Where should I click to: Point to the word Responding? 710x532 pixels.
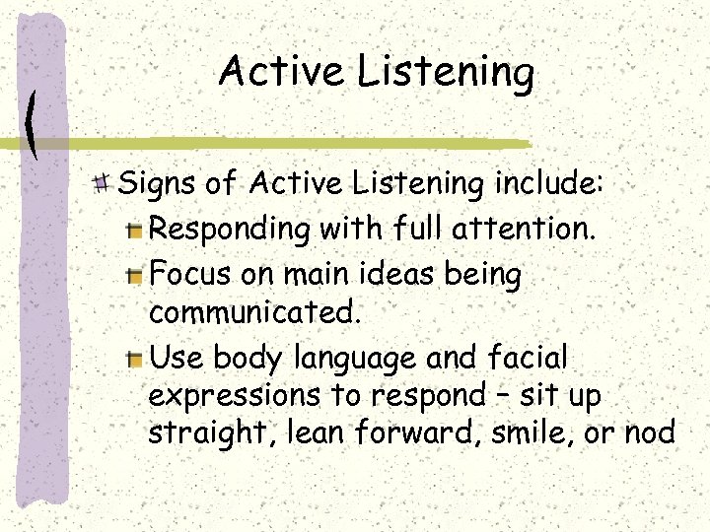tap(230, 231)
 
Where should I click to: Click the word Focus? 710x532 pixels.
tap(189, 274)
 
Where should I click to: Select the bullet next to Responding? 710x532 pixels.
tap(136, 231)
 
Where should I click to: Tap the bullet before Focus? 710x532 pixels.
tap(136, 275)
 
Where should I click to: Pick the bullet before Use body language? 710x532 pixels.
tap(136, 358)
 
